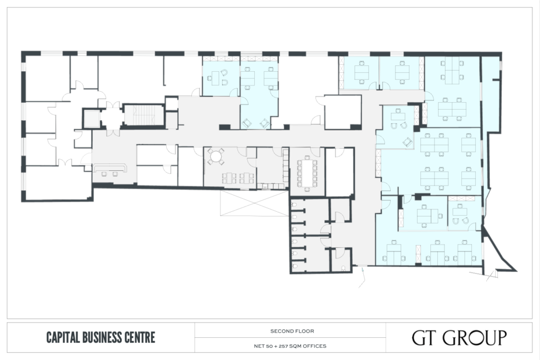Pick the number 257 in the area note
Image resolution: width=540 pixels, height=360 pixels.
(281, 346)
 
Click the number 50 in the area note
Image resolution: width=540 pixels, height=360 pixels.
(267, 346)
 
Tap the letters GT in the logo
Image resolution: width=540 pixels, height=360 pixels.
(425, 338)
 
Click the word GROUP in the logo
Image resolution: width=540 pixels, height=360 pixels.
(475, 338)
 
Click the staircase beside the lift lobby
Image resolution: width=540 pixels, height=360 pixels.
(143, 115)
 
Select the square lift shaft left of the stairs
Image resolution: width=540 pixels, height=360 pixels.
(92, 119)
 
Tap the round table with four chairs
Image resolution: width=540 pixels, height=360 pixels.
(216, 156)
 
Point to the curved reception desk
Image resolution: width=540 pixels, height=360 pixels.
(110, 168)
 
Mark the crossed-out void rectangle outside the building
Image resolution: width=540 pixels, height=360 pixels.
(254, 203)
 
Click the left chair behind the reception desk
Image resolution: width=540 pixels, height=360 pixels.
(105, 174)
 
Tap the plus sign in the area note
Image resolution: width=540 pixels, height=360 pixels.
(273, 346)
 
